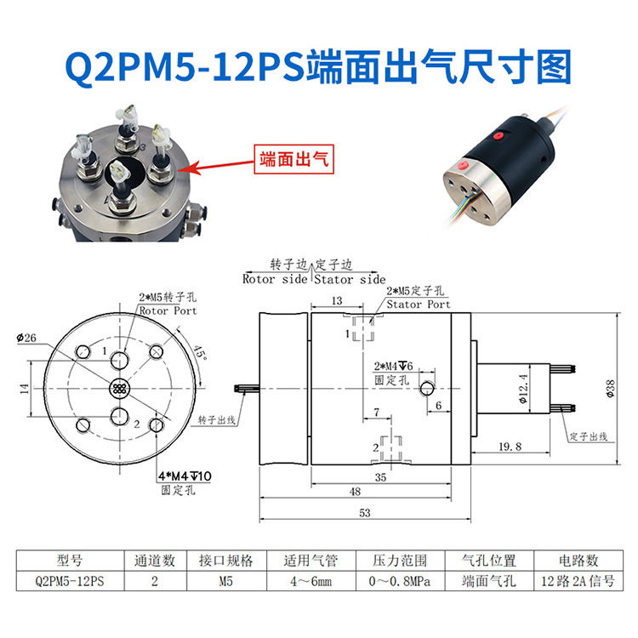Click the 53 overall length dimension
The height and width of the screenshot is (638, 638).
[x=366, y=512]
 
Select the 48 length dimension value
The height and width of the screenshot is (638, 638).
[x=356, y=492]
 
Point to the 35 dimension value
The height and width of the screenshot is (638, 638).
[x=380, y=478]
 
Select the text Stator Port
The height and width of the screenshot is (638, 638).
[x=419, y=304]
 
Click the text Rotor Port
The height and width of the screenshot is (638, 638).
[x=168, y=310]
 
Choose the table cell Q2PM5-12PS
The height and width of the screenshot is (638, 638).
[x=70, y=582]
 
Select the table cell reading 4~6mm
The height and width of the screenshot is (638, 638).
[x=310, y=582]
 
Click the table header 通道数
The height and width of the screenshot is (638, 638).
[x=155, y=561]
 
